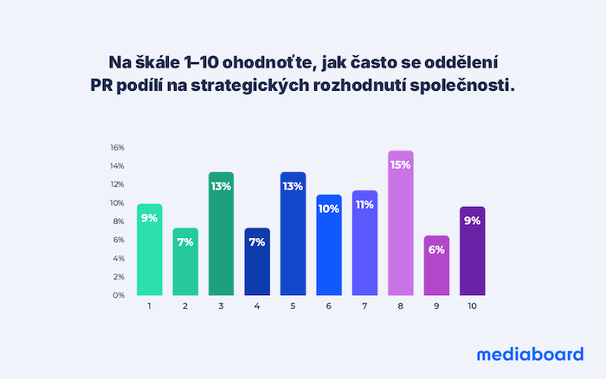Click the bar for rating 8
tap(401, 223)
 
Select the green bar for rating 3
tap(221, 234)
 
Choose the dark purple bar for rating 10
tap(472, 251)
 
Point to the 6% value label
tap(436, 250)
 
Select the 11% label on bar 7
tap(364, 205)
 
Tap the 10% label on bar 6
tap(329, 209)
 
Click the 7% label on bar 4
tap(256, 242)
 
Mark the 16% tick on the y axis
tap(117, 147)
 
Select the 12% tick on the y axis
tap(117, 184)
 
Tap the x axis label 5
tap(293, 306)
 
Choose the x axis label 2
tap(184, 306)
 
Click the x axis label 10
tap(472, 306)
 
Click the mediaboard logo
tap(529, 353)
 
